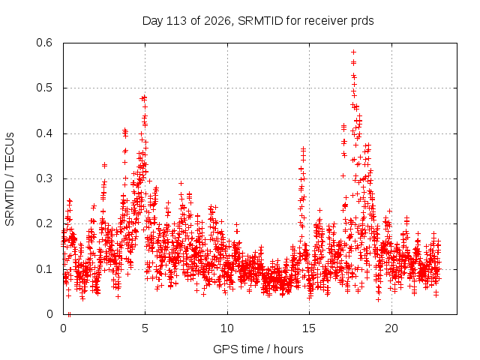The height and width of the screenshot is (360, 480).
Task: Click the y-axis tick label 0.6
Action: click(x=44, y=43)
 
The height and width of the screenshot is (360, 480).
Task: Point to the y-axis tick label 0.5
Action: click(x=44, y=88)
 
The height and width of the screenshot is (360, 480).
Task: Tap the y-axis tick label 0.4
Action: click(x=44, y=133)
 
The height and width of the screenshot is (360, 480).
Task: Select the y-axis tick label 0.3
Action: click(x=44, y=178)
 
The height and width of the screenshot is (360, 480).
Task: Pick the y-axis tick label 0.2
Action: click(x=44, y=223)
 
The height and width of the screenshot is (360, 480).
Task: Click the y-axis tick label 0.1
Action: click(x=44, y=269)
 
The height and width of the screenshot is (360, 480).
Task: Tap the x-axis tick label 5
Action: click(x=145, y=328)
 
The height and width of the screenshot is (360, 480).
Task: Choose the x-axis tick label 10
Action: click(x=227, y=328)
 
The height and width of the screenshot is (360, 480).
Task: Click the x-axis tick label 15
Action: click(x=309, y=328)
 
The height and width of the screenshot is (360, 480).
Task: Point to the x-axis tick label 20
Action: click(x=391, y=328)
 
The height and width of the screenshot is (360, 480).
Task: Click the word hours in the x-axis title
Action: click(x=288, y=349)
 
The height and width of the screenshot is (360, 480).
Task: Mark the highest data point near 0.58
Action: click(x=353, y=52)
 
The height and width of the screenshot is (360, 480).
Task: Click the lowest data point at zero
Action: click(x=69, y=314)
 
